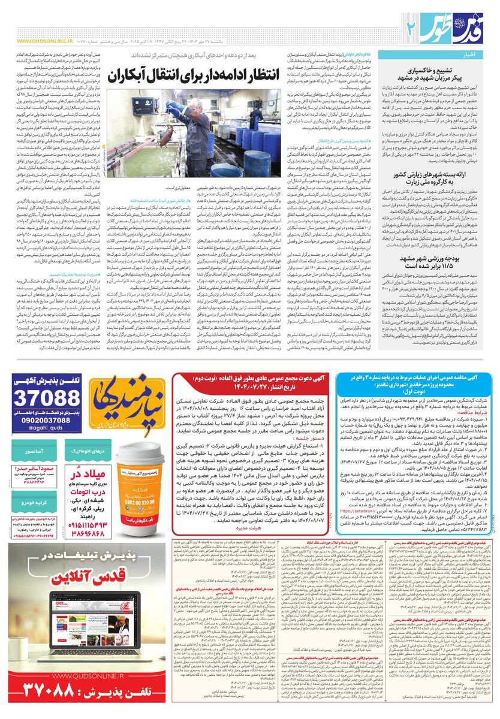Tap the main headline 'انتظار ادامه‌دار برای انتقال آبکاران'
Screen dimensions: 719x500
pos(213,77)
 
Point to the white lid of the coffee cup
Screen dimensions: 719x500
pos(139,452)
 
